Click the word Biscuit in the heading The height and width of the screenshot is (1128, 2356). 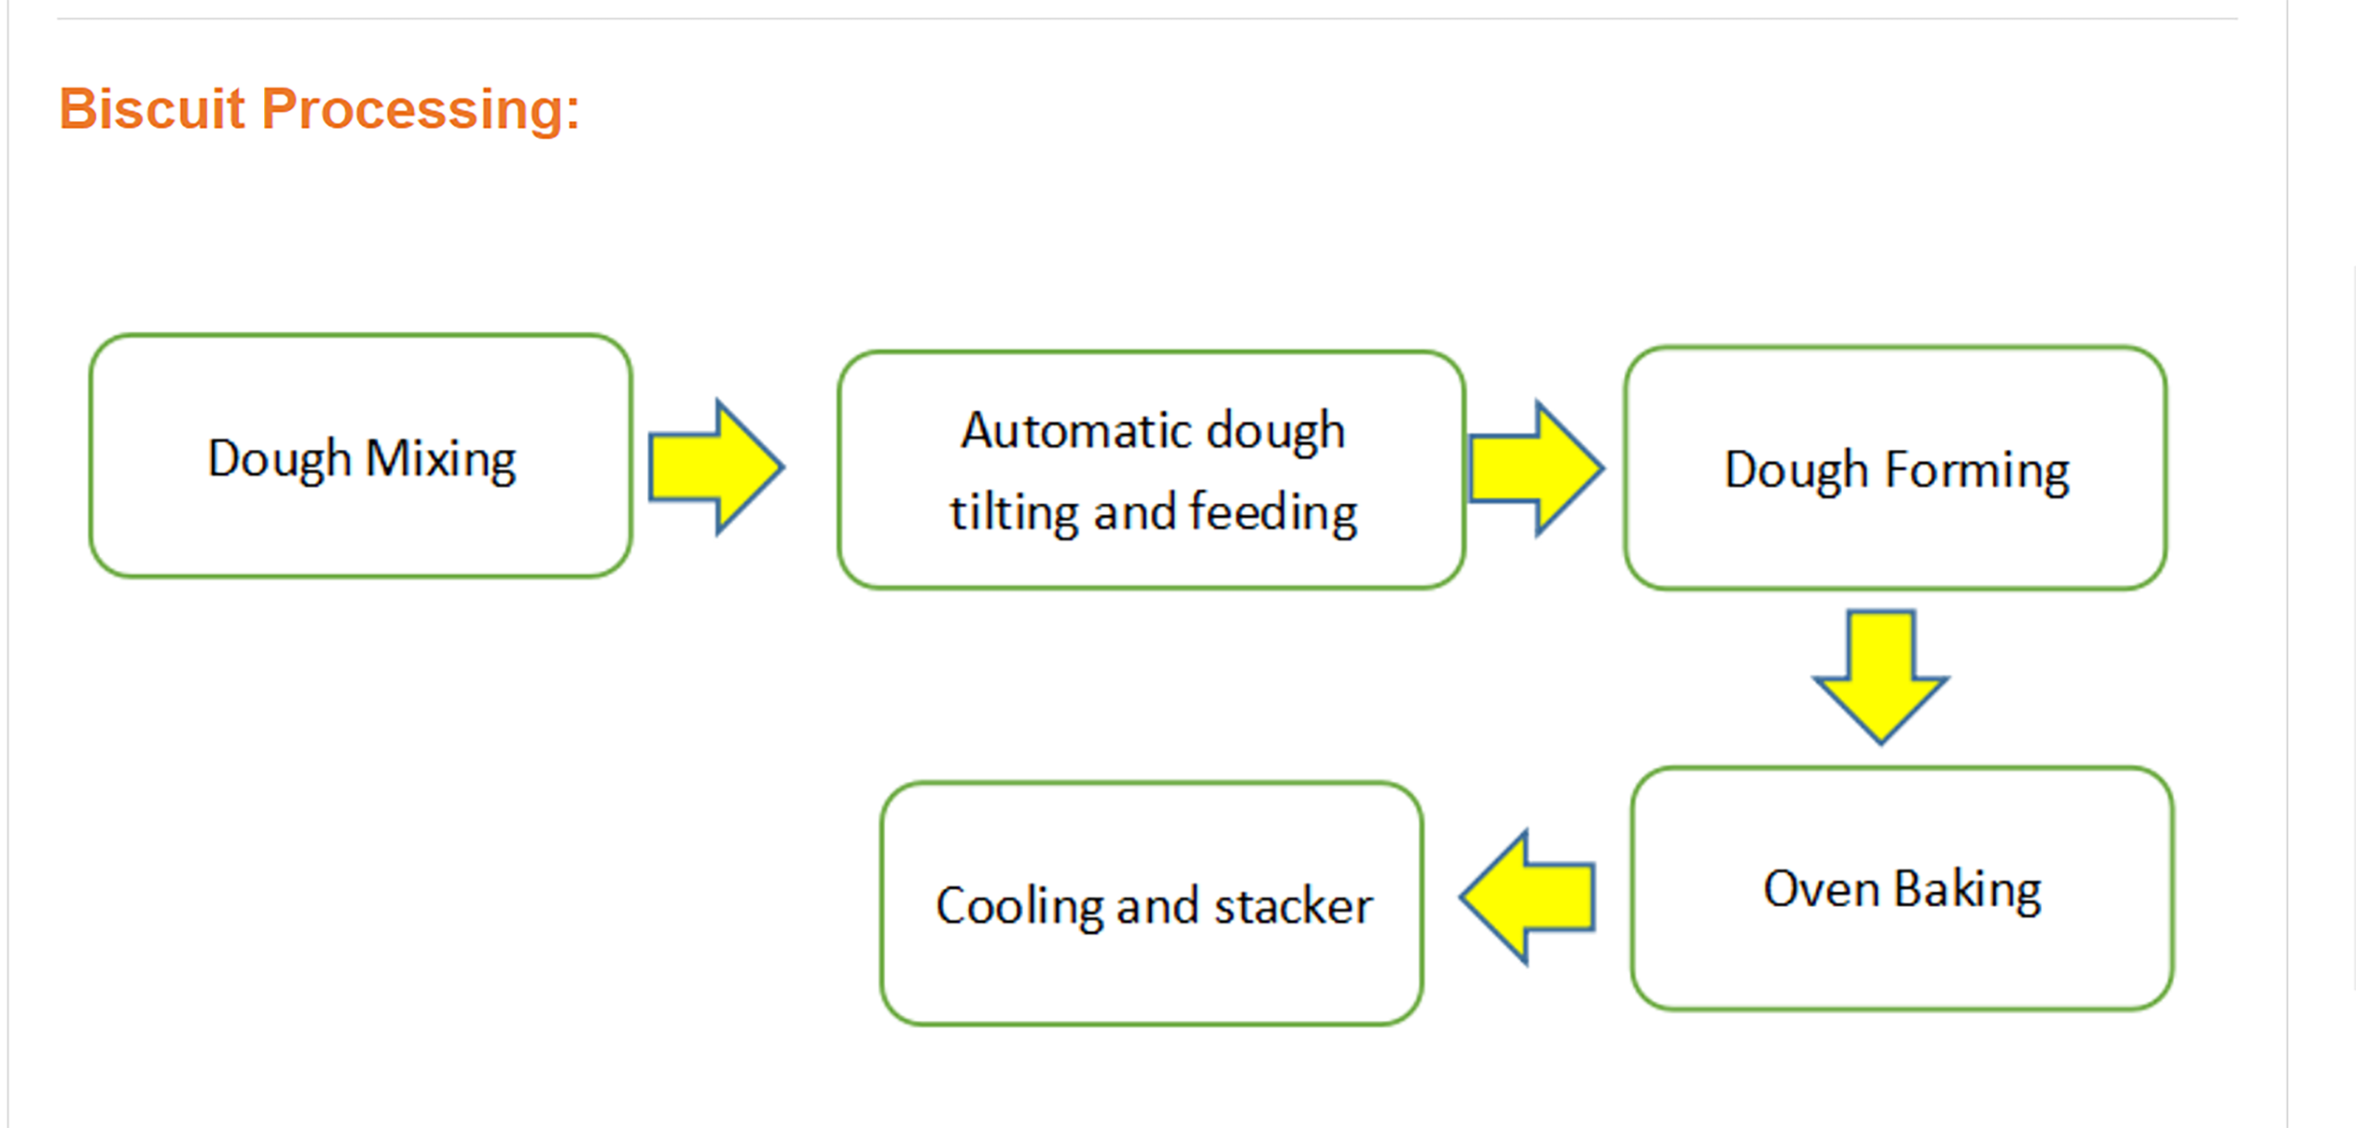coord(151,109)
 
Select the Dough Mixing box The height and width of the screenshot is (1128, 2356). coord(361,456)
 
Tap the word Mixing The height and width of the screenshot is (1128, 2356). coord(441,460)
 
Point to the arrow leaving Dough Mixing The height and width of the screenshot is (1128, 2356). coord(716,467)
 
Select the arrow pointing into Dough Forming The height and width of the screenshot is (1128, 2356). coord(1536,468)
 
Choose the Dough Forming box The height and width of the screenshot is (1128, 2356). coord(1896,468)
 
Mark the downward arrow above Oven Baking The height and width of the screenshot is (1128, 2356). coord(1881,677)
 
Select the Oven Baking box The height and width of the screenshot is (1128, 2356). coord(1902,888)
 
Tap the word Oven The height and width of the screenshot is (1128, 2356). coord(1821,889)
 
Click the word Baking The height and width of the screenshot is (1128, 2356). coord(1967,892)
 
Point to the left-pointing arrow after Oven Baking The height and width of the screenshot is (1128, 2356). coord(1528,897)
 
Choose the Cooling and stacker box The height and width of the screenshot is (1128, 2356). coord(1151,903)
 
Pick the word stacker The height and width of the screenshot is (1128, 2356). coord(1293,907)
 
